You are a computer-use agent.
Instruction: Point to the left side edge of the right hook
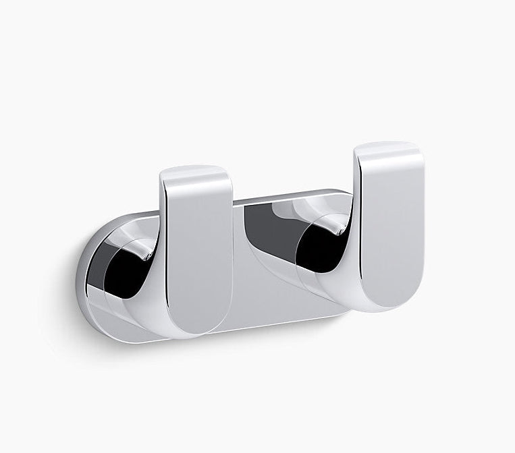tap(357, 222)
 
